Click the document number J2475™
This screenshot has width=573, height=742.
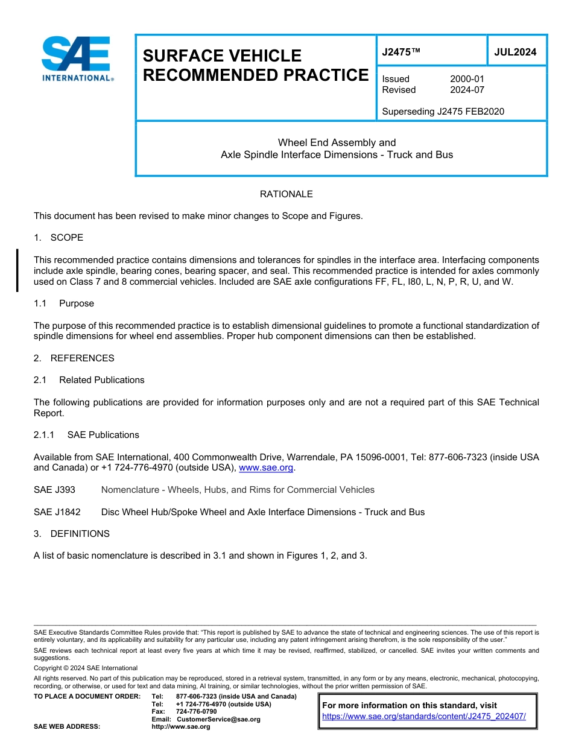coord(400,52)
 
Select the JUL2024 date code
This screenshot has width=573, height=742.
coord(515,52)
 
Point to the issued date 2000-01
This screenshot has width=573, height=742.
coord(467,79)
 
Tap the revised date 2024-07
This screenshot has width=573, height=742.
coord(467,90)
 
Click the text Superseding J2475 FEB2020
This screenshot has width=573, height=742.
coord(443,112)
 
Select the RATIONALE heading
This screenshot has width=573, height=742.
coord(286,194)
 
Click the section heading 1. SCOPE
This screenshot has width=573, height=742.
coord(59,238)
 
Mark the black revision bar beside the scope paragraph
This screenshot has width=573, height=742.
coord(17,270)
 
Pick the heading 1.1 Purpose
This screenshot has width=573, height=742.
coord(64,303)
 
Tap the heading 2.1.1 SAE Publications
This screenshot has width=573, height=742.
coord(86,435)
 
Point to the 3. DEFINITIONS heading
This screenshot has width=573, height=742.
coord(72,534)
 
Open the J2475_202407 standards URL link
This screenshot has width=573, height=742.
coord(424,717)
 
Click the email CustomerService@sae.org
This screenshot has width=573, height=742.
coord(218,719)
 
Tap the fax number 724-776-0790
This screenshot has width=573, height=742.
coord(197,712)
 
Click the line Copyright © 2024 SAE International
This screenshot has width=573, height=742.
coord(86,668)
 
